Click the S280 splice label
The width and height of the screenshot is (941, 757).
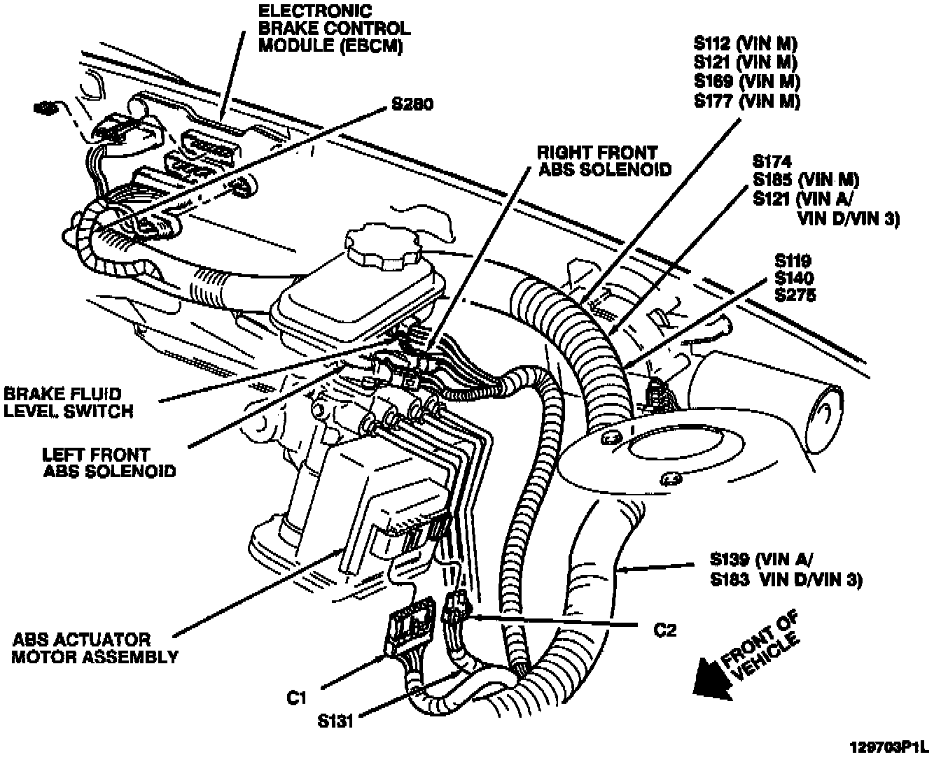[412, 105]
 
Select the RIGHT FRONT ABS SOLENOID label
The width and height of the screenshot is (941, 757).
[604, 161]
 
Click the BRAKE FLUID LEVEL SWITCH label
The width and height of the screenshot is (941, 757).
[68, 402]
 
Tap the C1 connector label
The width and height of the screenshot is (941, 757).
[297, 698]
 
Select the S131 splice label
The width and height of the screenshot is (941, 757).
[334, 720]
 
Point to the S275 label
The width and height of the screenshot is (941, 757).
[795, 295]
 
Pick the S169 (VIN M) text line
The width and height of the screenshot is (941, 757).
[746, 81]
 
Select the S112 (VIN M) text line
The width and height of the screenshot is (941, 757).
[746, 42]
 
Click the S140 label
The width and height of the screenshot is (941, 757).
[795, 278]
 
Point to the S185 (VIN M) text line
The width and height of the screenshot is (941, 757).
[805, 179]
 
